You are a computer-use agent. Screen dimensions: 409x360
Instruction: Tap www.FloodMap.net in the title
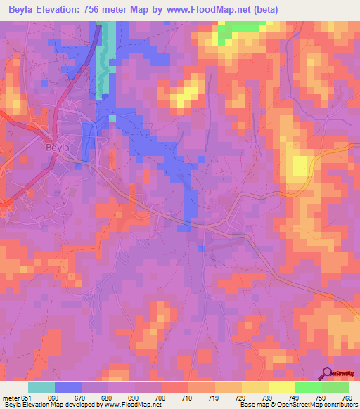(216, 10)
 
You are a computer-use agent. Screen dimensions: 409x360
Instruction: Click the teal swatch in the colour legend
(41, 387)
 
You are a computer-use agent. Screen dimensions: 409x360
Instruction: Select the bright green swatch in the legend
(308, 387)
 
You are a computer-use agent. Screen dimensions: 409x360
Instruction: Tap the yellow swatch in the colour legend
(255, 387)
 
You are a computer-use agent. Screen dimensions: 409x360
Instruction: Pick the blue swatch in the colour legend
(67, 387)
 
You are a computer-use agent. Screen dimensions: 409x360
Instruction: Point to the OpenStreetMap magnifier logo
(327, 372)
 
